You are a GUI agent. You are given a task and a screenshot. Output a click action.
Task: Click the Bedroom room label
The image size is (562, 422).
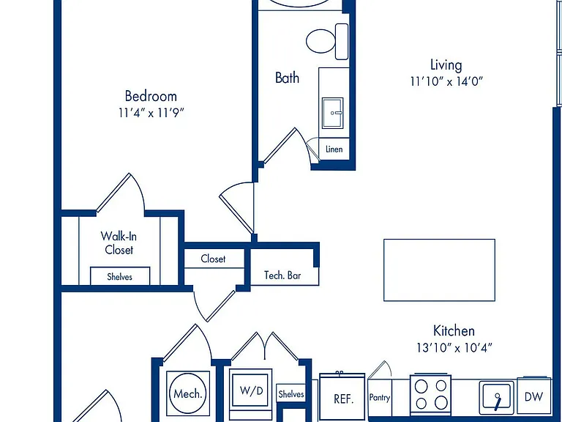[151, 96]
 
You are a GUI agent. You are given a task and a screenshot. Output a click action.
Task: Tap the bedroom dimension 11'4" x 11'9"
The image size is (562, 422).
[151, 113]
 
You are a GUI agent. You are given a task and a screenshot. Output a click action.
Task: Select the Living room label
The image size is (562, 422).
[446, 65]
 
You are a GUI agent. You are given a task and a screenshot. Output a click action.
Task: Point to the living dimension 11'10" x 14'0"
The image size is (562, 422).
[446, 81]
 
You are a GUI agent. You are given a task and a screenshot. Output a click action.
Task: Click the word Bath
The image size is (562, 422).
[287, 78]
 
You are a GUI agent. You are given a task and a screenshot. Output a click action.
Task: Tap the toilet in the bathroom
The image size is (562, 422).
[327, 41]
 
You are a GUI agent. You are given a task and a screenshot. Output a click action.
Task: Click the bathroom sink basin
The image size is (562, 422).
[333, 113]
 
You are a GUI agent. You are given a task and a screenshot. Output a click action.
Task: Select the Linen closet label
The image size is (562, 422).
[334, 149]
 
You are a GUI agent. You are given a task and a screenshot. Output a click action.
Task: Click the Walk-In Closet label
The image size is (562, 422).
[119, 243]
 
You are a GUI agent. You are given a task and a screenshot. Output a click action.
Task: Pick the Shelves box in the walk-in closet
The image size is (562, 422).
[120, 276]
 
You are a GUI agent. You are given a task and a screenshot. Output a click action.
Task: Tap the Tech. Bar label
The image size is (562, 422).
[282, 275]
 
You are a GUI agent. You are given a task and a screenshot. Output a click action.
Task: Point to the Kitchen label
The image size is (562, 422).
[454, 330]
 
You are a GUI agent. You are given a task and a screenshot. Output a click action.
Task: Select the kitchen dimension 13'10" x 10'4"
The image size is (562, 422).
[454, 347]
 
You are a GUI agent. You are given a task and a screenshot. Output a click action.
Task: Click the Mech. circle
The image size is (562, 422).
[187, 393]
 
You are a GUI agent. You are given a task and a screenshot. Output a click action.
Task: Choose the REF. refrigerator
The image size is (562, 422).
[342, 398]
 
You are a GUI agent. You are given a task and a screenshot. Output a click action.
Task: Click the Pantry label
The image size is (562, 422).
[380, 398]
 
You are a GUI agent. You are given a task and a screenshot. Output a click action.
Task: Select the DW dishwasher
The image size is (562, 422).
[533, 396]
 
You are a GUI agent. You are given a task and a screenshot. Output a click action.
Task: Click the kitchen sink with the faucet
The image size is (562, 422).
[497, 396]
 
